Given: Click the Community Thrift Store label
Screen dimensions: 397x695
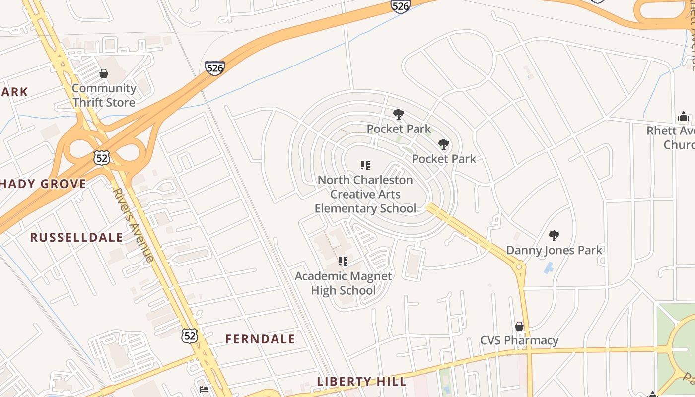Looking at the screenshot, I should click(x=104, y=95).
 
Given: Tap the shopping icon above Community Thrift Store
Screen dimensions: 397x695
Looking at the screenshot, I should click(x=104, y=74).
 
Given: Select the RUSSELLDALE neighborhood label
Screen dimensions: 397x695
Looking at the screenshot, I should click(x=76, y=237).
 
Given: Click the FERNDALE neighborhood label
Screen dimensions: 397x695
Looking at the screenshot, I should click(x=260, y=339).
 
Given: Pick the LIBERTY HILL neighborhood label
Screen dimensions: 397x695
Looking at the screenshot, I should click(x=361, y=382).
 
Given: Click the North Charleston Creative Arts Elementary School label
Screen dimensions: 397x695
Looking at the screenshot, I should click(x=365, y=194).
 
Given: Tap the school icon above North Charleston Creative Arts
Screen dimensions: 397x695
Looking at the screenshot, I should click(x=365, y=165).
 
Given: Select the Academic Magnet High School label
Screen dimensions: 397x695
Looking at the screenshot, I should click(x=343, y=283).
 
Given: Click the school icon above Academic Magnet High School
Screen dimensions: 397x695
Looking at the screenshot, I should click(x=343, y=261).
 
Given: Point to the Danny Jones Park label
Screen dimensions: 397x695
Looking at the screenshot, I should click(x=554, y=250).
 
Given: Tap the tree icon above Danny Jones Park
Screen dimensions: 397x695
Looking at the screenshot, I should click(x=554, y=236).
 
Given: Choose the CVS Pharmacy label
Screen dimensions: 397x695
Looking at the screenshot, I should click(x=519, y=341).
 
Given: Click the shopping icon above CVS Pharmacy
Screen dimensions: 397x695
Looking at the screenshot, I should click(x=519, y=326).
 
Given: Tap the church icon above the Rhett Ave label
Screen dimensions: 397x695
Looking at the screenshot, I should click(x=683, y=117).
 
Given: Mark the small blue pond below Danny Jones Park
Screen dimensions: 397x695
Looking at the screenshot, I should click(x=548, y=268).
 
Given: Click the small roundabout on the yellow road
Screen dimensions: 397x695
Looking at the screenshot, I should click(x=519, y=266).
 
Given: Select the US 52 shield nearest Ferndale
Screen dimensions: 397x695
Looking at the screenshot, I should click(x=190, y=336).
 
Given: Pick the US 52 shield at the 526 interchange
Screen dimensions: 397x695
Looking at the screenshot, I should click(x=102, y=158).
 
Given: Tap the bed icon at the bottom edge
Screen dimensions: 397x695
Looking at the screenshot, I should click(x=204, y=390).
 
